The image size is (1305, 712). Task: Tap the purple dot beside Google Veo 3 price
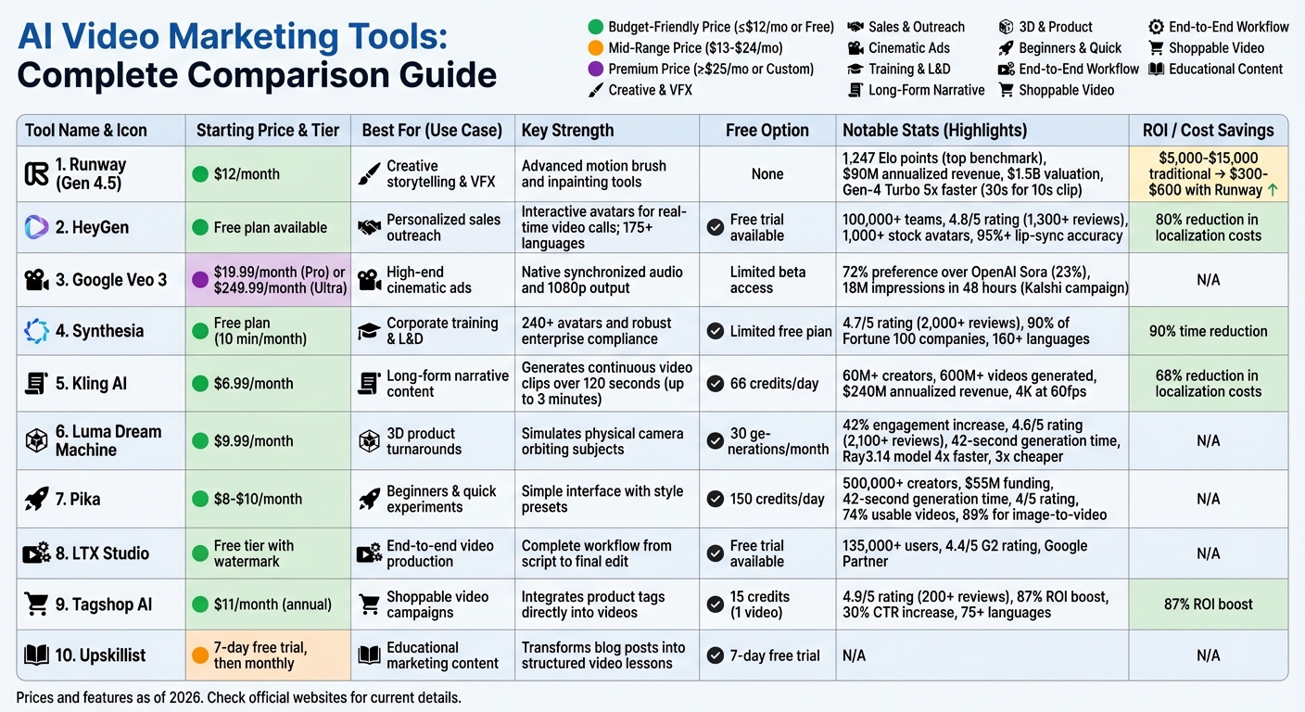click(x=199, y=279)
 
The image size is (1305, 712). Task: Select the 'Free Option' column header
click(x=767, y=131)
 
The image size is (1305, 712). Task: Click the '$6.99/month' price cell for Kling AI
click(x=253, y=383)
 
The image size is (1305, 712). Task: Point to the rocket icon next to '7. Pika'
click(x=36, y=499)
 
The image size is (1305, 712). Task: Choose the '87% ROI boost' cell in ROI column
click(x=1208, y=604)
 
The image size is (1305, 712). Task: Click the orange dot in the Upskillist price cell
click(x=199, y=655)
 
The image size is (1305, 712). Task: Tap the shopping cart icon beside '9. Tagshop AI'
click(x=36, y=604)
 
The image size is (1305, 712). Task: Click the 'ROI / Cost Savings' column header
click(x=1208, y=131)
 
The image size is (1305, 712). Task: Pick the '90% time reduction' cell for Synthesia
click(x=1208, y=331)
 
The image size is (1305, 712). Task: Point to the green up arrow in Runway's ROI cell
click(x=1273, y=190)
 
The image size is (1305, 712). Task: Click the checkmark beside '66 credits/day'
click(x=716, y=383)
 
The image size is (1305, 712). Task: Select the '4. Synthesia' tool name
click(x=99, y=331)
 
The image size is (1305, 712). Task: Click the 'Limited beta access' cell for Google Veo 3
click(x=767, y=279)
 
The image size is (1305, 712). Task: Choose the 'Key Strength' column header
click(x=567, y=131)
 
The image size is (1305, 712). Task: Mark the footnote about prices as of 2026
click(x=238, y=697)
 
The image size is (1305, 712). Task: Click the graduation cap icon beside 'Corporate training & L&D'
click(x=369, y=331)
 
